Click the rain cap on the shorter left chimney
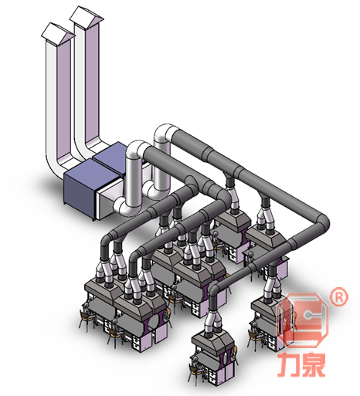click(x=55, y=32)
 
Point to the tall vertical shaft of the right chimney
click(x=90, y=85)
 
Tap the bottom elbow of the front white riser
click(x=124, y=207)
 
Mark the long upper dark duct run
click(x=247, y=174)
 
